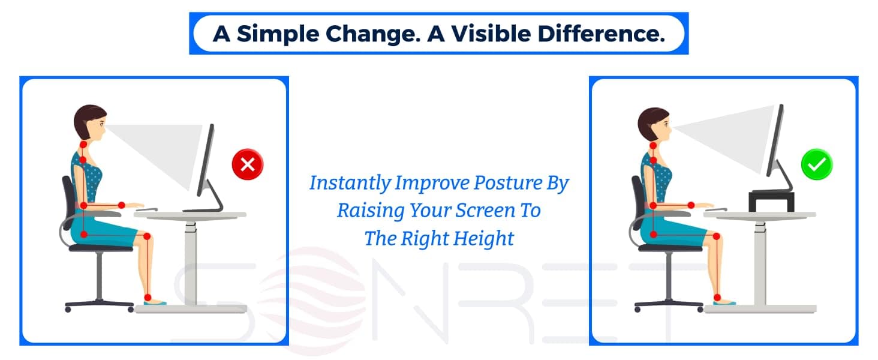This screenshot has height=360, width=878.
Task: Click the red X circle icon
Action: [248, 164]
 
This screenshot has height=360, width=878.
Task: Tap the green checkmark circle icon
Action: [817, 164]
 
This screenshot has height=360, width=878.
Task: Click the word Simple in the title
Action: [278, 34]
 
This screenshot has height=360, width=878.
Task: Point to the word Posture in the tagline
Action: [507, 183]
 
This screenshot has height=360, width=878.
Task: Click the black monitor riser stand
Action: [771, 201]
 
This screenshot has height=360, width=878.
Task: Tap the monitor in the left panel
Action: [207, 169]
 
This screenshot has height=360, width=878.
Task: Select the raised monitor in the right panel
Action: [778, 147]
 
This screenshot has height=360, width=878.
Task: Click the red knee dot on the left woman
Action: [147, 236]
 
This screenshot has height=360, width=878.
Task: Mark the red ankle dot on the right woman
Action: [717, 297]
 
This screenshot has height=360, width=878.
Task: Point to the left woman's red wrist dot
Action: [122, 205]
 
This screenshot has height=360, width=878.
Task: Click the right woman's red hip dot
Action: [654, 235]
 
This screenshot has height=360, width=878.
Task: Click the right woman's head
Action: [654, 125]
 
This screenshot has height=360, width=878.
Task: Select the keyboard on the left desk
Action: [146, 210]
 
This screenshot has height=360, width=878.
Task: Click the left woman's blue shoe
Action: [155, 302]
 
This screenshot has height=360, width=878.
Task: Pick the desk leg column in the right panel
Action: [760, 263]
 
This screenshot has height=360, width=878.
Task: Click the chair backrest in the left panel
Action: [69, 202]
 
